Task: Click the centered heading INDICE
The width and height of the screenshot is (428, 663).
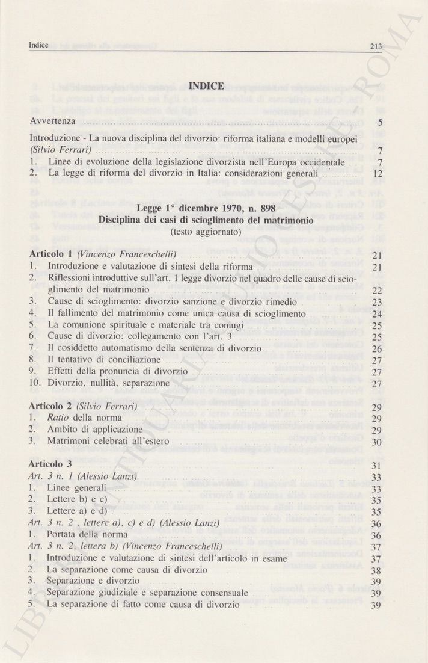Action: point(206,87)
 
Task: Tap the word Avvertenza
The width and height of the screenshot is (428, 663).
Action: point(53,122)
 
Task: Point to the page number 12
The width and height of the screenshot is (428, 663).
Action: point(378,174)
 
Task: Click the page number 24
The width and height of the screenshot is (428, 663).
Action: point(378,314)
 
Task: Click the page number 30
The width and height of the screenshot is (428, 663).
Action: point(378,442)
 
